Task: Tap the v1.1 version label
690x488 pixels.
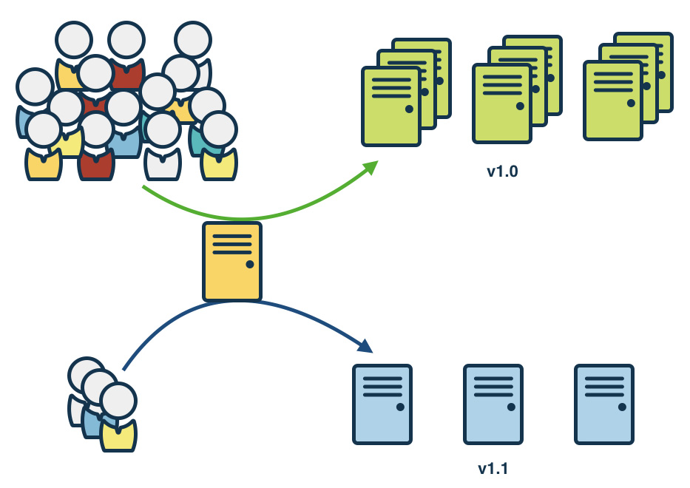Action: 493,468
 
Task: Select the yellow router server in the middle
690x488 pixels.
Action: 232,262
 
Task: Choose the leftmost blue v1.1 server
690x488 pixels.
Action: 382,404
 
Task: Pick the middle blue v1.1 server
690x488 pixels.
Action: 493,404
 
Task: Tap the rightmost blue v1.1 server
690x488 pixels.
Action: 604,404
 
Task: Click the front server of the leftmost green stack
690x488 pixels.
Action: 390,107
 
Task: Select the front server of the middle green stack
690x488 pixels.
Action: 501,104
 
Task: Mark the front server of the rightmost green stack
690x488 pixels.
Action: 612,101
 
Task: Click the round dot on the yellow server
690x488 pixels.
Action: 249,264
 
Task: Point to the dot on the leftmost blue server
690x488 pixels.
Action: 399,407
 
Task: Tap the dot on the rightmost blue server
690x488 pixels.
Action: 621,407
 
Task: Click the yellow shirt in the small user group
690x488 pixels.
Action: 118,436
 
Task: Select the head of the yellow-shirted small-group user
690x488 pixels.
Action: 118,400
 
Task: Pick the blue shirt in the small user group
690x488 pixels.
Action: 92,423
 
